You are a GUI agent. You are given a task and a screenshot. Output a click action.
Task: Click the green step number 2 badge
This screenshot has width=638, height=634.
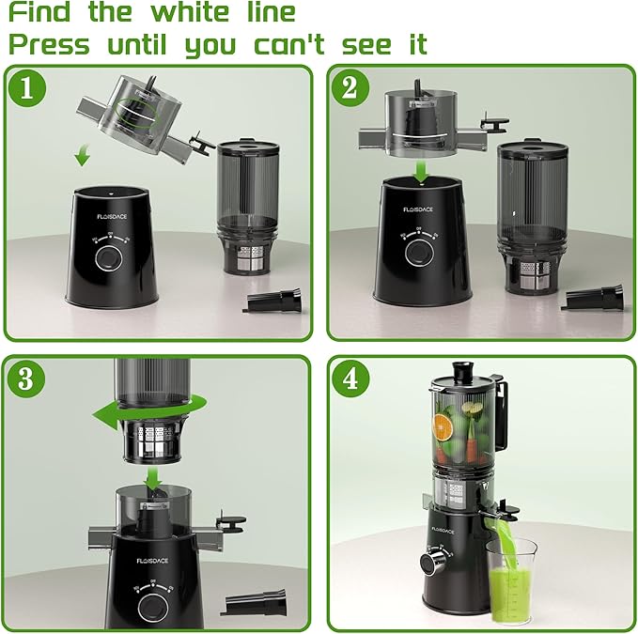pos(350,89)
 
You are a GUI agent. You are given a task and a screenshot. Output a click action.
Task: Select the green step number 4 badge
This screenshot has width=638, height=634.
pos(350,378)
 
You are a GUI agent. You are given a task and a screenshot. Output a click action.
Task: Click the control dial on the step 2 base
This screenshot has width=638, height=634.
pos(420,254)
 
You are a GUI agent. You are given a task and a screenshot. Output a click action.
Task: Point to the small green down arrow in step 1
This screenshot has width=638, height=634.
pos(83,156)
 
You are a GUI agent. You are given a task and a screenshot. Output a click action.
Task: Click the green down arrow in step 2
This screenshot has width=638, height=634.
pos(422,170)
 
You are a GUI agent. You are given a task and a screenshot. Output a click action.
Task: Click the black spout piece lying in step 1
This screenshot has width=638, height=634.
pos(272,302)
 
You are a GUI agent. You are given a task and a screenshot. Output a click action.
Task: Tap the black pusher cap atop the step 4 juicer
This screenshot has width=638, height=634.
pos(462,368)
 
